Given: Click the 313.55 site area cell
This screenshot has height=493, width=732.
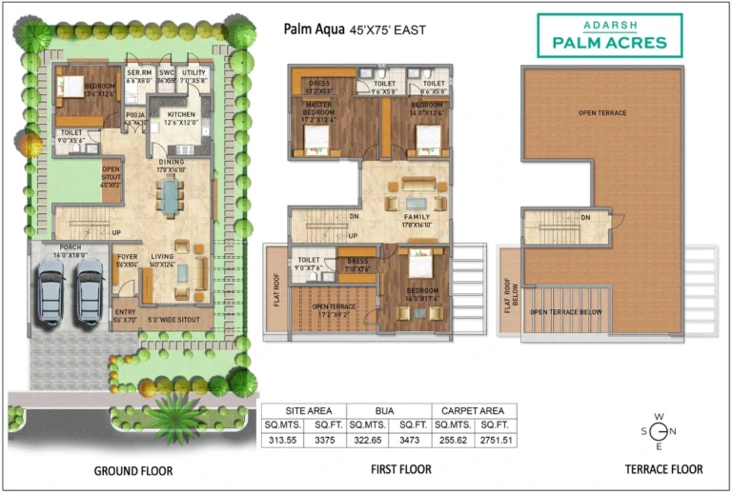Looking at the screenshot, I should point(283,439).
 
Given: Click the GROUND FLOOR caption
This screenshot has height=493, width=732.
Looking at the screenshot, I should point(133,470).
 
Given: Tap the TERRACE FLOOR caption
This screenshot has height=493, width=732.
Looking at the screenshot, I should point(663,468).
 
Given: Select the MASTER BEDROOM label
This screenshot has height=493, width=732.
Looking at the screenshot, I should point(319,108).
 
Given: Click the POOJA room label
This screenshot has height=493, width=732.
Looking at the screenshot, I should point(134,117).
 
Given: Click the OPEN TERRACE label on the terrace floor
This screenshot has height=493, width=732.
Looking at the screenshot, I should point(601,112).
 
